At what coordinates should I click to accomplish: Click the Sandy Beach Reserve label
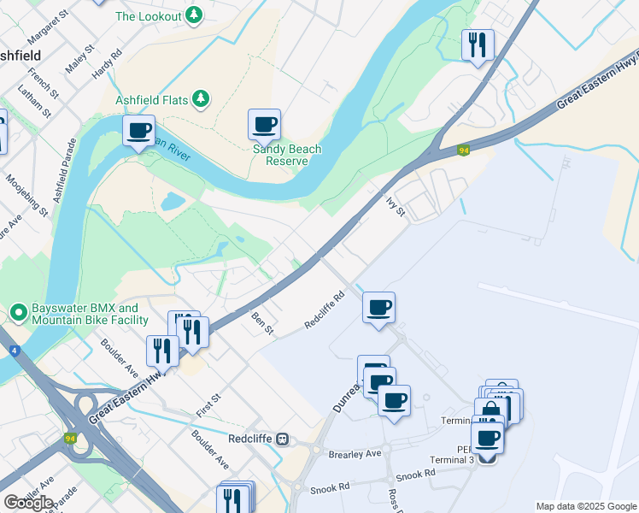(287, 155)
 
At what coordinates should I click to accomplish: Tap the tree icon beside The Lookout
(196, 15)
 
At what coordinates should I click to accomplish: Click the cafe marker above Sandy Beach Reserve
(265, 125)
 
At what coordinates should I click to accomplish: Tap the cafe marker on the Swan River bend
(138, 131)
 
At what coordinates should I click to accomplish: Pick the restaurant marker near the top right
(478, 44)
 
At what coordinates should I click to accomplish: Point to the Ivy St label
(394, 206)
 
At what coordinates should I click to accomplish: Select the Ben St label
(261, 323)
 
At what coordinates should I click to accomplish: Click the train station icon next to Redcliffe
(283, 439)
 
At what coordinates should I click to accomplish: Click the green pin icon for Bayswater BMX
(18, 314)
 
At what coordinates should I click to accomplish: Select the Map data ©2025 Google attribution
(585, 506)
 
